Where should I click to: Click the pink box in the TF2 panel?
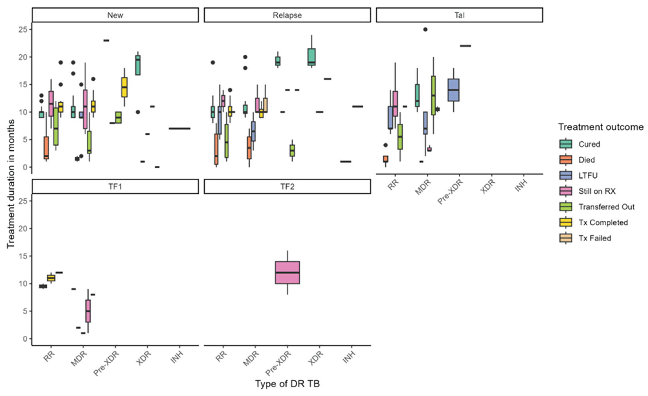click(x=287, y=272)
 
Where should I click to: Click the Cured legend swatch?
click(x=566, y=144)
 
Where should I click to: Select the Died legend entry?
click(x=587, y=160)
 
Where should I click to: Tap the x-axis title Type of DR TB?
click(x=287, y=384)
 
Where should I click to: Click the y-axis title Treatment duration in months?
click(x=11, y=183)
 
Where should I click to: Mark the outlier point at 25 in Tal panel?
click(x=425, y=29)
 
